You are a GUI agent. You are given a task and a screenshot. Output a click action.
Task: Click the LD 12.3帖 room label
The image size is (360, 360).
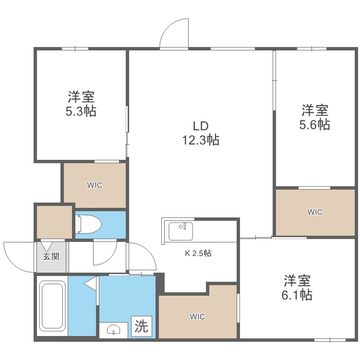[x=200, y=133]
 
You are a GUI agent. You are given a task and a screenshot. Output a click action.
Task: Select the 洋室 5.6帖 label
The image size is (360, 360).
[x=315, y=117]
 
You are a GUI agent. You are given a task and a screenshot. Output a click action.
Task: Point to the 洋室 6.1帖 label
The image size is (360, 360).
[x=297, y=287]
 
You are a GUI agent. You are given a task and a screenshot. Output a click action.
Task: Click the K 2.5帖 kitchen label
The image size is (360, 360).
[x=198, y=253]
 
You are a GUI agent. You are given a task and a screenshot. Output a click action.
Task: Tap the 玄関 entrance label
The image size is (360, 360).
[x=52, y=256]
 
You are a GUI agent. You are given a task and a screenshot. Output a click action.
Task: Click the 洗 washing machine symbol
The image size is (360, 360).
[x=141, y=327]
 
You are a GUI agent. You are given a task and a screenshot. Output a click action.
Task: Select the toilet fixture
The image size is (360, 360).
[x=90, y=224]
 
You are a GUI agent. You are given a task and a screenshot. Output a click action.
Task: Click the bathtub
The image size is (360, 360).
[x=51, y=307]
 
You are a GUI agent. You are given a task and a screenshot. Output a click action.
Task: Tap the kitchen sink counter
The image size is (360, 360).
[x=180, y=231]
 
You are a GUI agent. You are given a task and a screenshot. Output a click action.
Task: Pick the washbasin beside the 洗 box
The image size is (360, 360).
[x=114, y=330]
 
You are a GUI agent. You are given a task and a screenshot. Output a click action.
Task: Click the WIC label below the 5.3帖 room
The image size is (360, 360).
[x=95, y=185]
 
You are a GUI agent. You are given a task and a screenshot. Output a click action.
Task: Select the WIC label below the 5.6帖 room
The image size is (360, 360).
[x=315, y=212]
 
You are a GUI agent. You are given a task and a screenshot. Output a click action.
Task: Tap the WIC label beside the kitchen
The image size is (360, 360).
[x=197, y=317]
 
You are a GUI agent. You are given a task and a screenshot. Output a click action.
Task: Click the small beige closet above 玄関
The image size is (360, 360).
[x=54, y=221]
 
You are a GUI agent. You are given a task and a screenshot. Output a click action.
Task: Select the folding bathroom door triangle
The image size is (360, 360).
[x=91, y=285]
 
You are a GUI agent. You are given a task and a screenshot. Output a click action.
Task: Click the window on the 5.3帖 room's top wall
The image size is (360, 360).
[x=75, y=48]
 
